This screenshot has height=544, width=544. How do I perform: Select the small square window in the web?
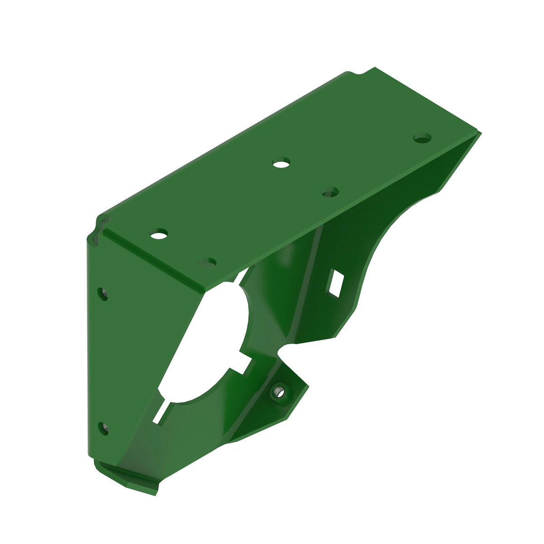click(x=336, y=284)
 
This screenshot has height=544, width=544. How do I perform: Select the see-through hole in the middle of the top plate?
click(x=282, y=163)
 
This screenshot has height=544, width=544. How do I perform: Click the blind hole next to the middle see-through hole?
click(x=330, y=192)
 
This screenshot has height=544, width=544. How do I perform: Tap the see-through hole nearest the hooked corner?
click(x=159, y=234)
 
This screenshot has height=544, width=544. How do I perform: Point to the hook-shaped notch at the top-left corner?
click(x=99, y=229)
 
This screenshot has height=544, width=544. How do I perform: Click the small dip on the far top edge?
click(x=358, y=73)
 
